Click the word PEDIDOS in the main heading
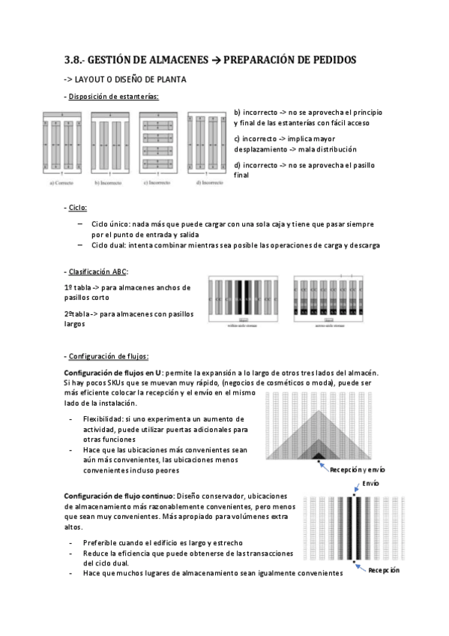pos(328,60)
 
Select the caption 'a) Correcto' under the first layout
pos(65,182)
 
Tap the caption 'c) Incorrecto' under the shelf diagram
pos(159,182)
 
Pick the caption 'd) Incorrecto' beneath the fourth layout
pos(207,182)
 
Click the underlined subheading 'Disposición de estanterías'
pos(113,96)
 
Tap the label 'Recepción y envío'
pos(357,469)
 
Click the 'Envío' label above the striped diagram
pos(371,484)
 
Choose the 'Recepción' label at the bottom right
pos(383,570)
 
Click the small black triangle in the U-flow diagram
pos(318,454)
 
